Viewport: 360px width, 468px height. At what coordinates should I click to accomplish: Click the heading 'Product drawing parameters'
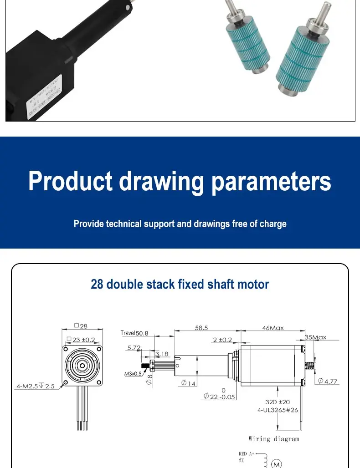[x=180, y=182]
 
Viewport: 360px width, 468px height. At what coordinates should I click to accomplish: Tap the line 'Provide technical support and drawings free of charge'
[x=180, y=224]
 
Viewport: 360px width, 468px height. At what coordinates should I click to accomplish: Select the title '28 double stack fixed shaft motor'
[x=180, y=285]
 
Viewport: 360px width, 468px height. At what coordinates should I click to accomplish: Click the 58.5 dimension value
[x=201, y=328]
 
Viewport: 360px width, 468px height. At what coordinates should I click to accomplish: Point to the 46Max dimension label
[x=273, y=328]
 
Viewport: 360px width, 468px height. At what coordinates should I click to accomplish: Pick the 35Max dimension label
[x=315, y=337]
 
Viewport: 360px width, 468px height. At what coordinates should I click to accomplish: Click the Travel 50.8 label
[x=135, y=333]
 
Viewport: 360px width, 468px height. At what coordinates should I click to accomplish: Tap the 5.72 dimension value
[x=134, y=348]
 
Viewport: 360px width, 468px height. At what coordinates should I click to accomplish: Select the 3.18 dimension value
[x=162, y=354]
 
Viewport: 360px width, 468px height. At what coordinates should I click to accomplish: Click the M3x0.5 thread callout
[x=133, y=374]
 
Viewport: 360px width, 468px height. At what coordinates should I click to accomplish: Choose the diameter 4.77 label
[x=328, y=381]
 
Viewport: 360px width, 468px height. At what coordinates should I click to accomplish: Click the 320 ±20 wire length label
[x=277, y=402]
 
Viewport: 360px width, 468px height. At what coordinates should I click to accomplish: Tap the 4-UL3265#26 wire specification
[x=278, y=410]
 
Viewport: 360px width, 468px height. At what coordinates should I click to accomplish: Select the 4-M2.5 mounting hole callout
[x=36, y=386]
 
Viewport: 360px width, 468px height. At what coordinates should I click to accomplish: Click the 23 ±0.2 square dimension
[x=81, y=340]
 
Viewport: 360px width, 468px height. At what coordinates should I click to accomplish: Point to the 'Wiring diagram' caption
[x=273, y=439]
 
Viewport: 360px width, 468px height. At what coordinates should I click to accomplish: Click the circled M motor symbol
[x=276, y=464]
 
